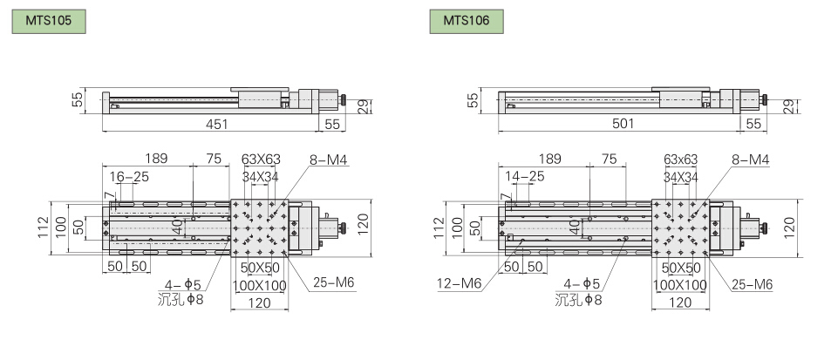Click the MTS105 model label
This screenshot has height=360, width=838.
tap(49, 22)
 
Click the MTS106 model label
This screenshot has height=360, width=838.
tap(466, 22)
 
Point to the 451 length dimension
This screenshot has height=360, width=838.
tap(217, 124)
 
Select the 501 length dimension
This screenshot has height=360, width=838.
tap(623, 124)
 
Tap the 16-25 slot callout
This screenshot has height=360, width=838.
tap(129, 177)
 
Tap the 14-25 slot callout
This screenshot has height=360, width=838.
tap(524, 176)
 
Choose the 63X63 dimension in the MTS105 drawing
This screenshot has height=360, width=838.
tap(261, 160)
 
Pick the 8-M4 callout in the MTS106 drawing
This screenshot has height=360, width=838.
tap(752, 160)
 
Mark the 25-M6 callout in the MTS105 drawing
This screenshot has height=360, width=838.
tap(333, 282)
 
